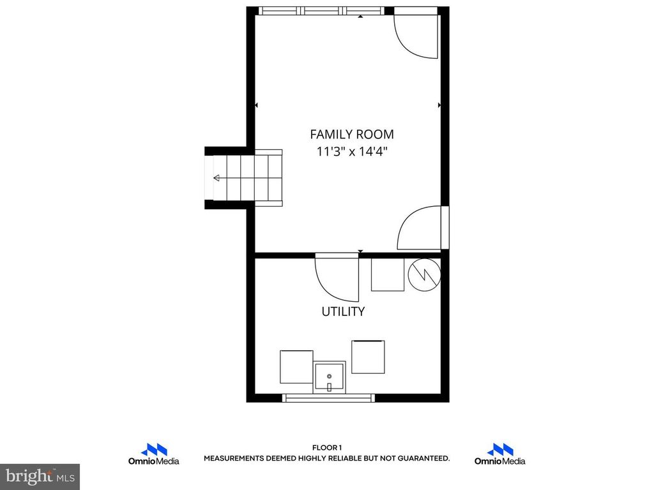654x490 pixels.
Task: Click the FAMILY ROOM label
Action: tap(351, 134)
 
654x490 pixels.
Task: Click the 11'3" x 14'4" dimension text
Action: tap(351, 152)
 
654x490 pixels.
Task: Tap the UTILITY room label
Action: tap(343, 311)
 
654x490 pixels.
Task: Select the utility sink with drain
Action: tap(330, 377)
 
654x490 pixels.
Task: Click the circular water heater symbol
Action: tap(424, 274)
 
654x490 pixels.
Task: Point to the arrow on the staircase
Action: tap(218, 177)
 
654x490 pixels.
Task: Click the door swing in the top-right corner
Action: tap(416, 36)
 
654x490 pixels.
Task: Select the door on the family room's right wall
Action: tap(422, 228)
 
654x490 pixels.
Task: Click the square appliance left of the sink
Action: tap(296, 367)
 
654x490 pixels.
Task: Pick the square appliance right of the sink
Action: tap(369, 357)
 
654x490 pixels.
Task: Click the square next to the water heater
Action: tap(388, 274)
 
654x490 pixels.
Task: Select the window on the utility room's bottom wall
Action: tap(329, 398)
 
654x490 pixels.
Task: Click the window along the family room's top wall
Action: tap(323, 10)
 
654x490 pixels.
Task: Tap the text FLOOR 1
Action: tap(327, 448)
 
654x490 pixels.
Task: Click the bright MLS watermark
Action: tap(40, 477)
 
